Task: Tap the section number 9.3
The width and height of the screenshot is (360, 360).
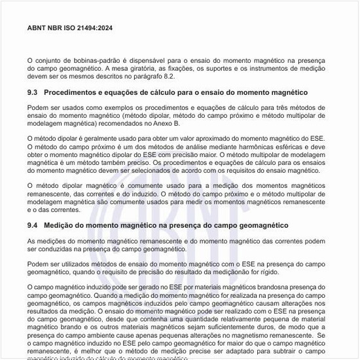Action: point(33,93)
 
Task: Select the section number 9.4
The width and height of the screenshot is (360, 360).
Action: point(33,225)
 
